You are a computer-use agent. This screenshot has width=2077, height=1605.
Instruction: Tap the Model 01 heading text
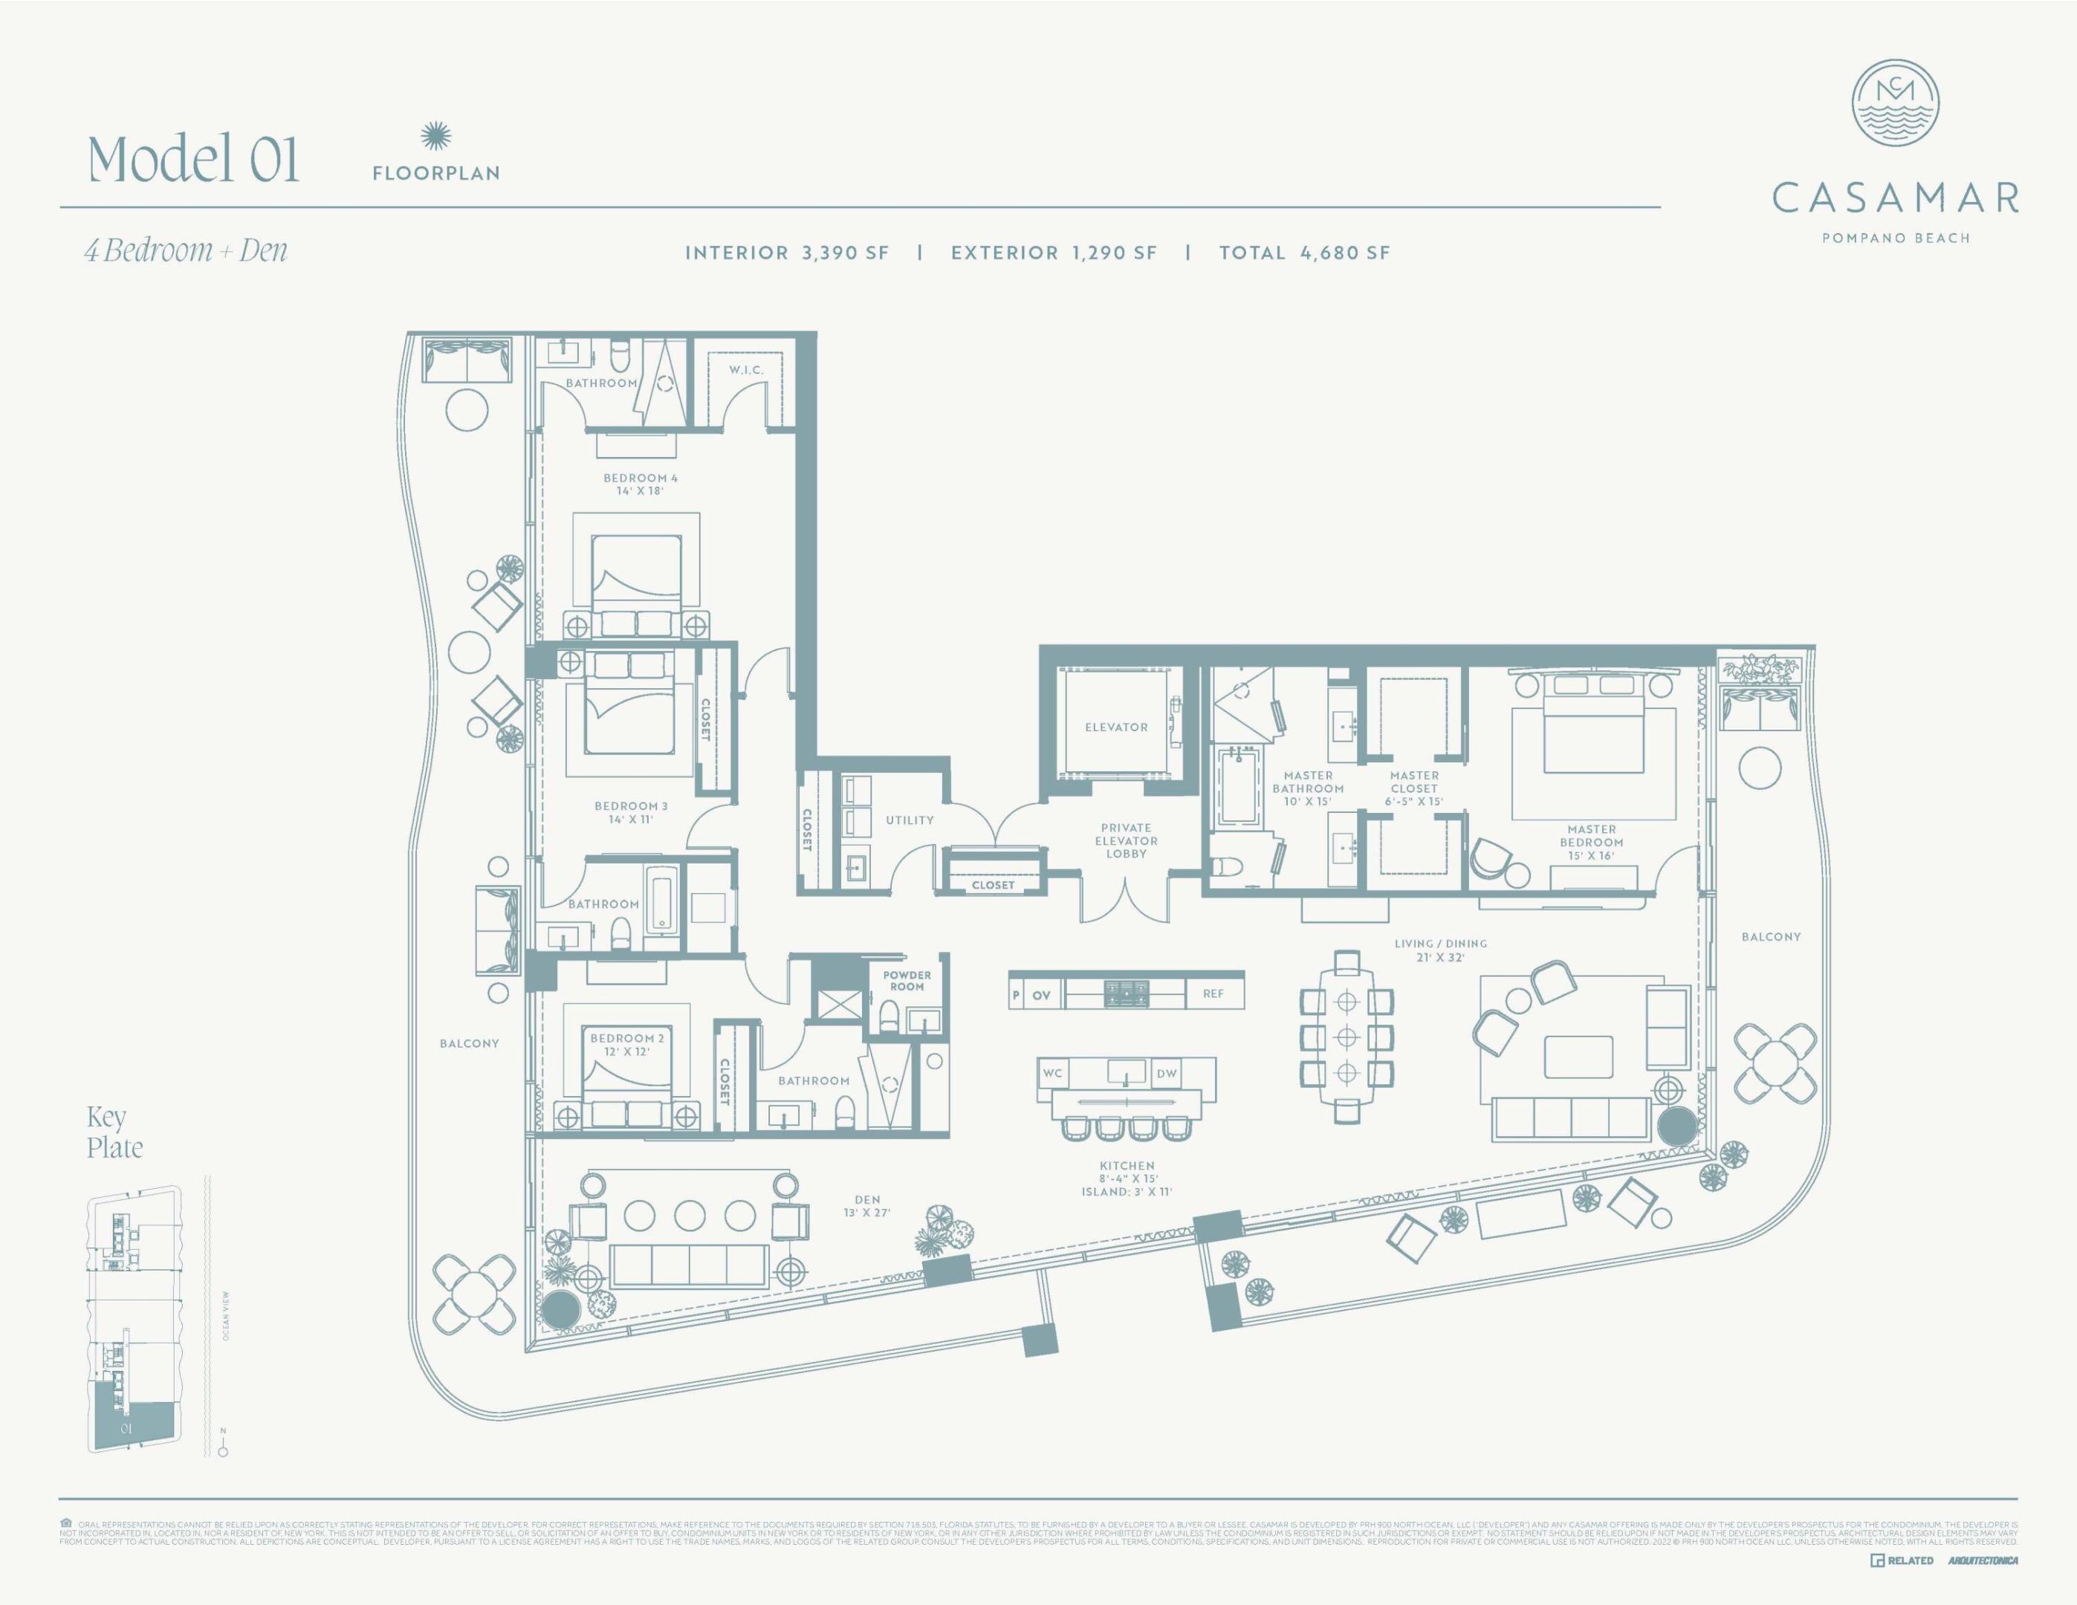point(194,159)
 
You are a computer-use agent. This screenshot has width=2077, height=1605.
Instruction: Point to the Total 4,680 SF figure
point(1304,253)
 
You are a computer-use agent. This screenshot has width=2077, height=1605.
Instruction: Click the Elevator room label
point(1115,727)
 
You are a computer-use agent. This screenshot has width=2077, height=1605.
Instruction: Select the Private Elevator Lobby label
point(1126,840)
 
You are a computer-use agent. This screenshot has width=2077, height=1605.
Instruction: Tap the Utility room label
point(909,820)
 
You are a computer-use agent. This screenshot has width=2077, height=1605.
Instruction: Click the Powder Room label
point(907,980)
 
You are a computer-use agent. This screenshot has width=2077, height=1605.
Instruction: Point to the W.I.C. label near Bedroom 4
point(747,370)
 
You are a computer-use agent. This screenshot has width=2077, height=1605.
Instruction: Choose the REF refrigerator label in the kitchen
point(1213,993)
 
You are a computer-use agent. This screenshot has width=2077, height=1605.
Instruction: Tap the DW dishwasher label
point(1166,1074)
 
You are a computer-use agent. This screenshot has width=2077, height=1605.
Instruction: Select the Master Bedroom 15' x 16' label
point(1591,843)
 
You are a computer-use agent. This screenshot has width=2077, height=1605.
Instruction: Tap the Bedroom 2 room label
point(626,1045)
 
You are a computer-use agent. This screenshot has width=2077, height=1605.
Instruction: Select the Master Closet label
point(1413,788)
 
